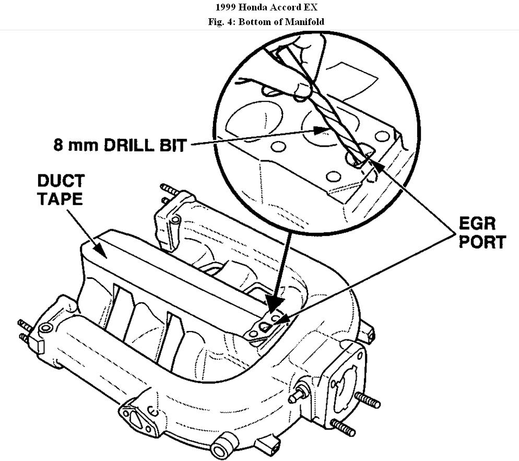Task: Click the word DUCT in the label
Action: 61,182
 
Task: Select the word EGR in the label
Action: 477,224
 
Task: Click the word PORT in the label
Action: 482,242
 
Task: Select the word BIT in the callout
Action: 172,145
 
